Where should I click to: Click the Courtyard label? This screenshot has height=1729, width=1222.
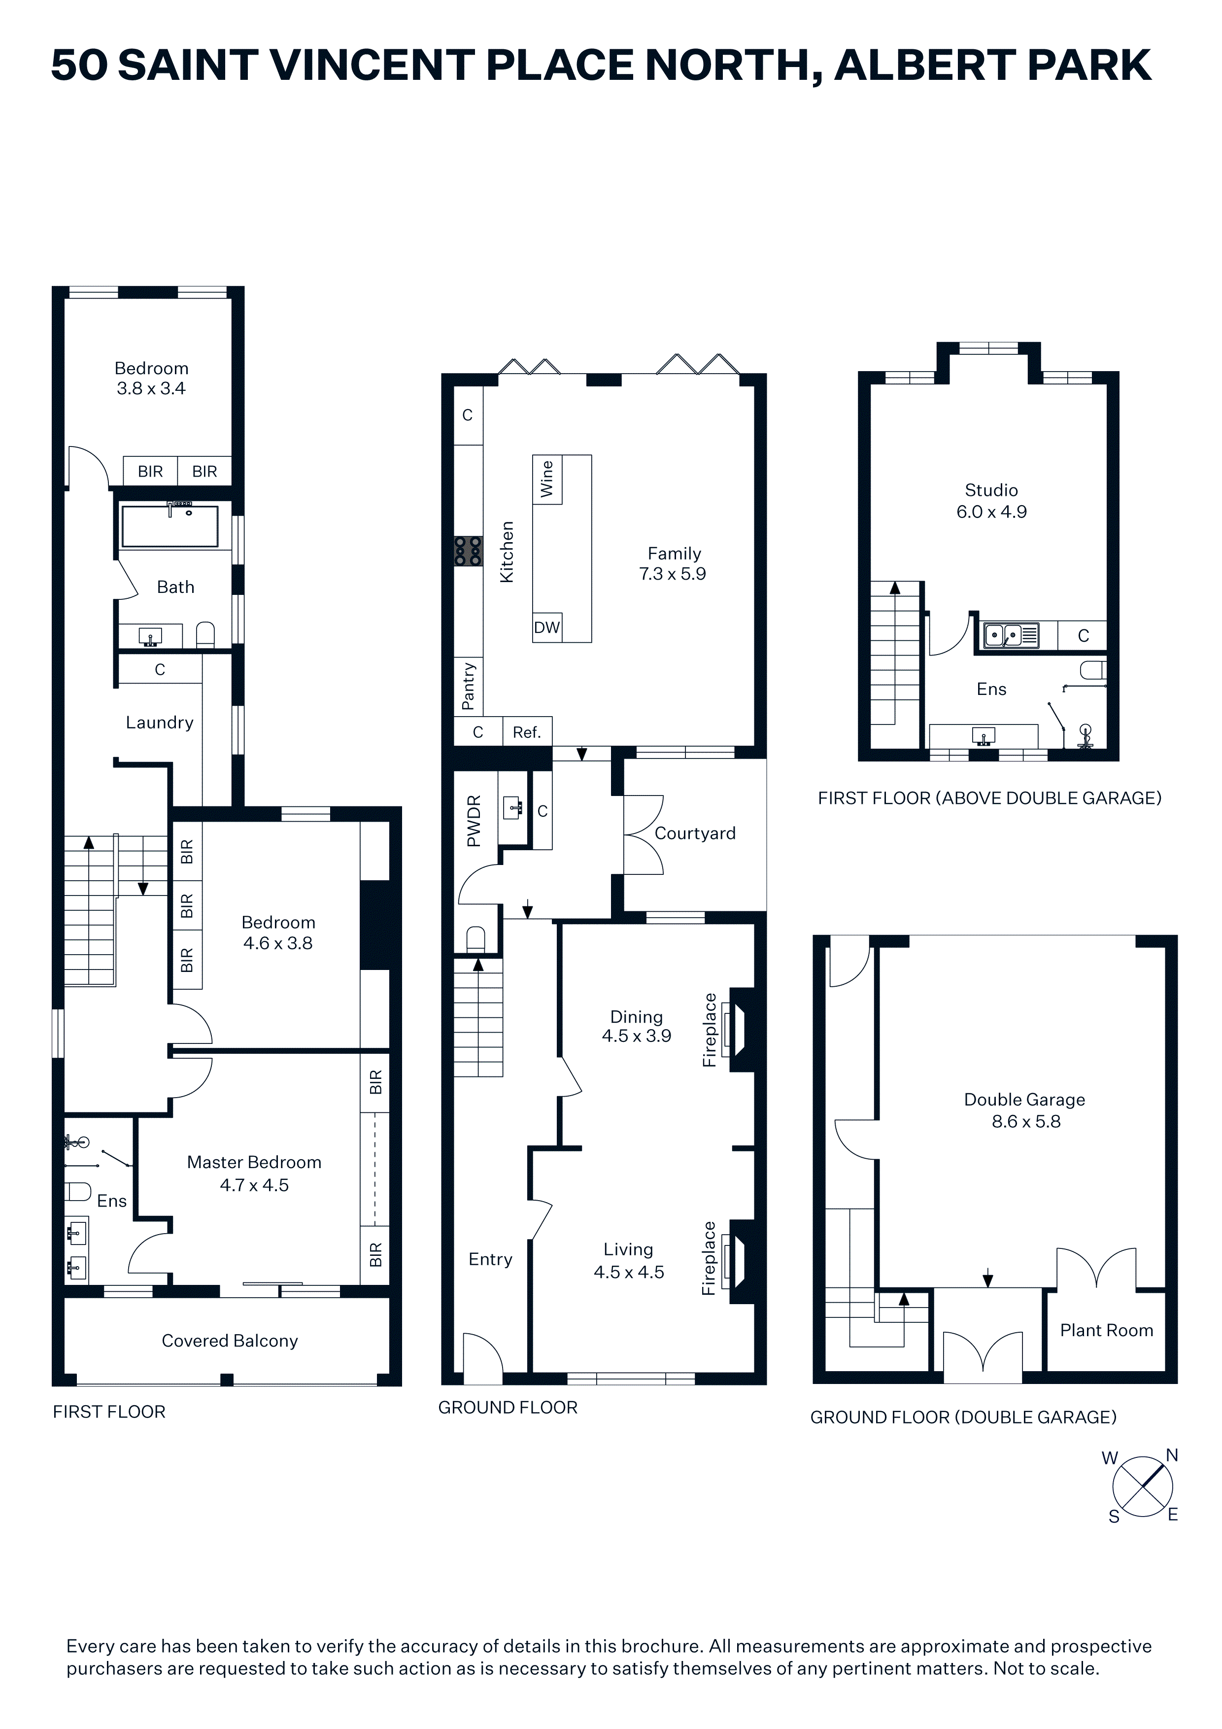click(695, 833)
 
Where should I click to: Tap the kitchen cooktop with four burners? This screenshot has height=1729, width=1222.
click(468, 551)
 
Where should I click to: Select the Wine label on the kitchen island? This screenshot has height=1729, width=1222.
click(546, 479)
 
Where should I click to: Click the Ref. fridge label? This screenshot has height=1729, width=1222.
click(527, 732)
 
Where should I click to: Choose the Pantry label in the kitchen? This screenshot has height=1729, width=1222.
click(468, 686)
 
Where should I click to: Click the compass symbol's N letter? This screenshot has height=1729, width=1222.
click(1172, 1455)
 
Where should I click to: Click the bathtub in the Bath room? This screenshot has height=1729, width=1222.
click(170, 525)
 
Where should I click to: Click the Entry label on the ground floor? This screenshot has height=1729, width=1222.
click(490, 1259)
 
